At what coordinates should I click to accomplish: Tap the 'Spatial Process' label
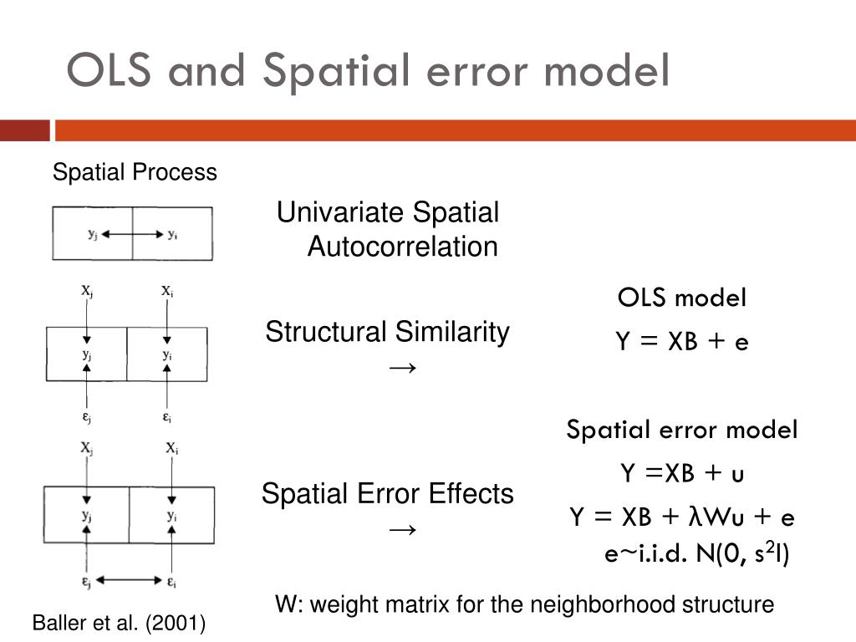135,173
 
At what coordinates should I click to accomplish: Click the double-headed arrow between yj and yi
133,235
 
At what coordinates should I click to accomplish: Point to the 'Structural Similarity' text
387,333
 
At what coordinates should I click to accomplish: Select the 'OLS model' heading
681,298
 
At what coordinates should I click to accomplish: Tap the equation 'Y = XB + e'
681,342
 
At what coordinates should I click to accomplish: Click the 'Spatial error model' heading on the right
681,431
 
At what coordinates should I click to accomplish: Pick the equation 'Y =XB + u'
681,474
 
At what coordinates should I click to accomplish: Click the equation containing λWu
681,517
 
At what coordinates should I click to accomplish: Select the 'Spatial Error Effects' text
387,494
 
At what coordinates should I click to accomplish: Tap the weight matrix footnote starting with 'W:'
525,604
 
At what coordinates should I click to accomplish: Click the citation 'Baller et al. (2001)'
119,624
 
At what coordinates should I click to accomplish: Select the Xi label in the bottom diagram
171,448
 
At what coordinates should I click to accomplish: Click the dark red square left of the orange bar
24,131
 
